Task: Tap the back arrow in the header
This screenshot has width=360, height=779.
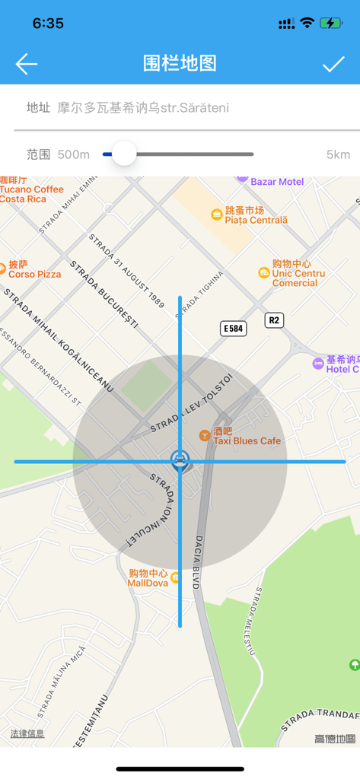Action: [x=27, y=64]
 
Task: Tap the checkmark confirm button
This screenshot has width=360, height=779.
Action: [x=333, y=64]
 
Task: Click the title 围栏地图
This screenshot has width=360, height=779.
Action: [x=180, y=64]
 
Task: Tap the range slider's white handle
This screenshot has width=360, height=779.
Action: [x=123, y=154]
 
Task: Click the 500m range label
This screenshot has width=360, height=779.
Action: [x=74, y=154]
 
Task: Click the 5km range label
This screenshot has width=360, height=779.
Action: [x=338, y=154]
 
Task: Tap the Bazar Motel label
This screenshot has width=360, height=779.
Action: [x=277, y=182]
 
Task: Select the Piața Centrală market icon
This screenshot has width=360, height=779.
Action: [x=217, y=215]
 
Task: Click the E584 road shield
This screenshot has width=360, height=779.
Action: [x=233, y=329]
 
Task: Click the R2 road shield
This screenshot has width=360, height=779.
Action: [x=274, y=320]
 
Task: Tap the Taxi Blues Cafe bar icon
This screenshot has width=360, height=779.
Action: [x=204, y=435]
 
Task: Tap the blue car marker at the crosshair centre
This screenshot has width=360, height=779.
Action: [x=180, y=459]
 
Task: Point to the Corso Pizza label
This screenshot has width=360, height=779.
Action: [x=34, y=274]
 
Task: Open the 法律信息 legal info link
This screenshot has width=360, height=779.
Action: [x=27, y=734]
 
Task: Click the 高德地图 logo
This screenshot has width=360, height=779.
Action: [x=335, y=739]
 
